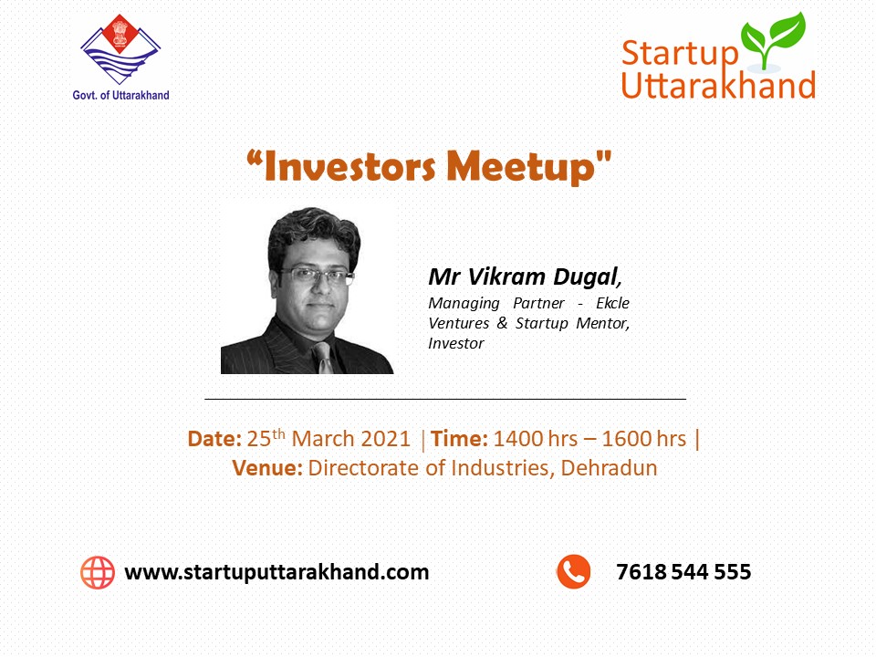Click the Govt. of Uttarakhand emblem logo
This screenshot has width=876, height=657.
coord(120,49)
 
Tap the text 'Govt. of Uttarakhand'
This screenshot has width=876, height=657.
coord(120,95)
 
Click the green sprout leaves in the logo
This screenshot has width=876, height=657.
coord(773,39)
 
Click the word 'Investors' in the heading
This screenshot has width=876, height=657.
coord(349,166)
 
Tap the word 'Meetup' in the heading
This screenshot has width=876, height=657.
coord(521,168)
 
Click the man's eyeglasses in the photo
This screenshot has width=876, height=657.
coord(317,275)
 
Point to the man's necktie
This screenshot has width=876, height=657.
coord(324,357)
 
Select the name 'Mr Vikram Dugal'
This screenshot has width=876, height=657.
coord(523,276)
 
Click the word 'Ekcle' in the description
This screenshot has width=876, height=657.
coord(612,303)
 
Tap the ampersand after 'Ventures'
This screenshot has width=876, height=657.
coord(502,323)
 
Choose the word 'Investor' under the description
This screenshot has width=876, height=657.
coord(456,343)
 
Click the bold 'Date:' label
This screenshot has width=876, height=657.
coord(214,439)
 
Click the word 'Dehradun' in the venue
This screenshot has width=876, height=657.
coord(609,467)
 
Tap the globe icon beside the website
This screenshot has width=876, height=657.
coord(98,572)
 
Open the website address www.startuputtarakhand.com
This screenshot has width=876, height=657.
coord(276,572)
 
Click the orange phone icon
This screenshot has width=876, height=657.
coord(574,571)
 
